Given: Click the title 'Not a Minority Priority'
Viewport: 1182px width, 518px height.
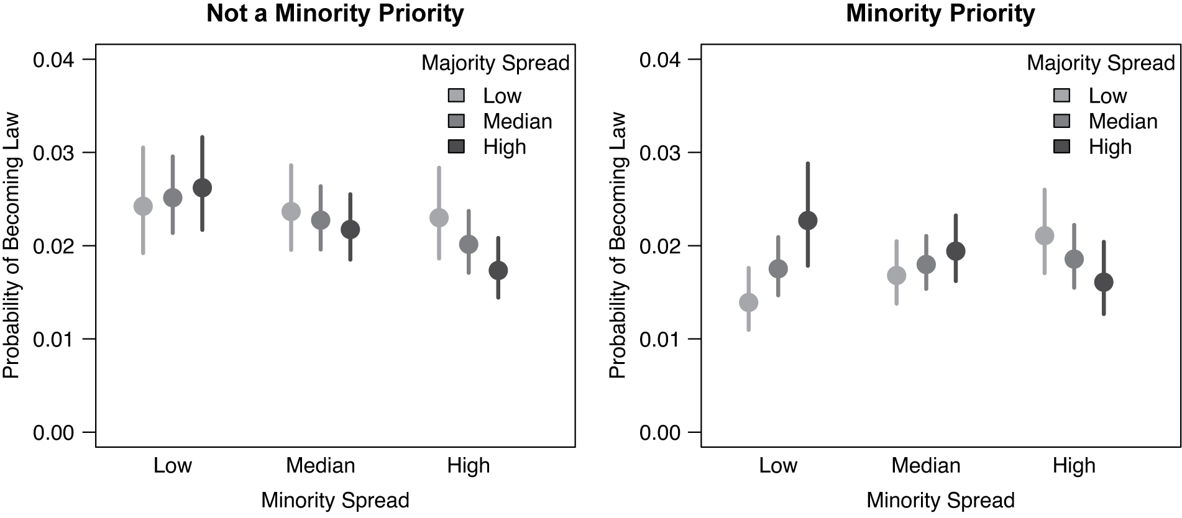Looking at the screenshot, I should pyautogui.click(x=335, y=14).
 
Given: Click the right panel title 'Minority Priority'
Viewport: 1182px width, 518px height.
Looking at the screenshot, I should pyautogui.click(x=940, y=14).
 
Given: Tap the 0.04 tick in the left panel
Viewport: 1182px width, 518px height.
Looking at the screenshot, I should pyautogui.click(x=53, y=60).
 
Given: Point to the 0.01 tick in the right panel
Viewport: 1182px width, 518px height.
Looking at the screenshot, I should pyautogui.click(x=660, y=340).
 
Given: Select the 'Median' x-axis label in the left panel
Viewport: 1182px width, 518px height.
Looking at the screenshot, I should pyautogui.click(x=321, y=465).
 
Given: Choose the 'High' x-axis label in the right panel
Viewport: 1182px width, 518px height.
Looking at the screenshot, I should pyautogui.click(x=1074, y=465).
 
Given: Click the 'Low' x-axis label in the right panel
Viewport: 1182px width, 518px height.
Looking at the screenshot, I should pyautogui.click(x=778, y=465).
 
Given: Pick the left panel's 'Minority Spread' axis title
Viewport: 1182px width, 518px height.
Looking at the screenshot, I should pyautogui.click(x=335, y=500).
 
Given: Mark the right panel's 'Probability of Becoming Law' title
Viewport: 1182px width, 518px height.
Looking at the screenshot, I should pyautogui.click(x=617, y=245).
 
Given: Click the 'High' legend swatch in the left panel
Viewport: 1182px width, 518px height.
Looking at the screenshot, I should pyautogui.click(x=456, y=147).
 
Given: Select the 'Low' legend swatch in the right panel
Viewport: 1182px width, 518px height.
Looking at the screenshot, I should pyautogui.click(x=1062, y=96).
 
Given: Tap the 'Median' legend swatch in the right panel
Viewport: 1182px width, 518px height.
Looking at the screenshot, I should pyautogui.click(x=1062, y=121).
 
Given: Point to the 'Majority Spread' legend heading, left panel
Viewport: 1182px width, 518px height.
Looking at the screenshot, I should pyautogui.click(x=495, y=63).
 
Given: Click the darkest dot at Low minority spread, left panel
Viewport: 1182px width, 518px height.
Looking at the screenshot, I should pyautogui.click(x=202, y=188).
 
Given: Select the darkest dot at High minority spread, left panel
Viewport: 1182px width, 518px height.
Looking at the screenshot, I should pyautogui.click(x=498, y=270).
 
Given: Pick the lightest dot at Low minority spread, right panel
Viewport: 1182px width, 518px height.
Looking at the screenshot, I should pyautogui.click(x=748, y=302).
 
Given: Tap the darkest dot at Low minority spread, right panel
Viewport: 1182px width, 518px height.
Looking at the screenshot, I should pyautogui.click(x=808, y=220).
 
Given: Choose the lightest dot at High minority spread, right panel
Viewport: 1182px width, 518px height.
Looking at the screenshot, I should pyautogui.click(x=1045, y=235).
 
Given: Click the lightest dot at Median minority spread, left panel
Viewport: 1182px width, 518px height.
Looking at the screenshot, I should pyautogui.click(x=291, y=211).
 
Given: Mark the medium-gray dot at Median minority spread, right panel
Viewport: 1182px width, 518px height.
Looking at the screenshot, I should pyautogui.click(x=926, y=265).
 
